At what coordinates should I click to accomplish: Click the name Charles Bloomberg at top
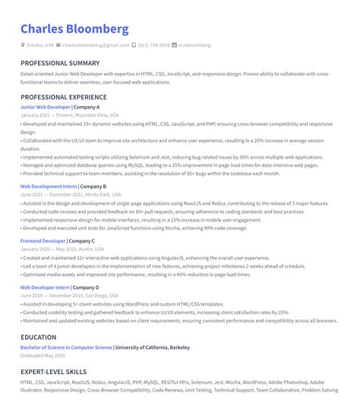pos(74,30)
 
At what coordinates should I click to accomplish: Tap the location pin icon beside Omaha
pos(23,46)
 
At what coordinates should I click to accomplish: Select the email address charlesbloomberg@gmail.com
pos(95,46)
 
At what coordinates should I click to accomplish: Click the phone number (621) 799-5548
pos(154,46)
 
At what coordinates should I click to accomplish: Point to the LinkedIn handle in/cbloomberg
pos(194,46)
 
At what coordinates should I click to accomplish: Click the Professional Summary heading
pos(60,63)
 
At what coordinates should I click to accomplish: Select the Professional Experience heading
pos(65,98)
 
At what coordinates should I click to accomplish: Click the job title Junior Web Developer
pos(45,108)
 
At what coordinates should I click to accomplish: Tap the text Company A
pos(87,108)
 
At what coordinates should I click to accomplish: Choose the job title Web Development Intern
pos(49,186)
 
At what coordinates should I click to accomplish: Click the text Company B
pos(93,186)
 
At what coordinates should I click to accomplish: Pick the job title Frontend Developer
pos(43,240)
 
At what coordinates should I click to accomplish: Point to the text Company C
pos(82,240)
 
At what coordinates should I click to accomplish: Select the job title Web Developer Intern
pos(45,288)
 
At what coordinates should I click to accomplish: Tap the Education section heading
pos(39,337)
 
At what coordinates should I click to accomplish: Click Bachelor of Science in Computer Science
pos(66,347)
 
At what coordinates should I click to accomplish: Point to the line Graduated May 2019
pos(43,355)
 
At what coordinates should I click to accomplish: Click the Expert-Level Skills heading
pos(53,372)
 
